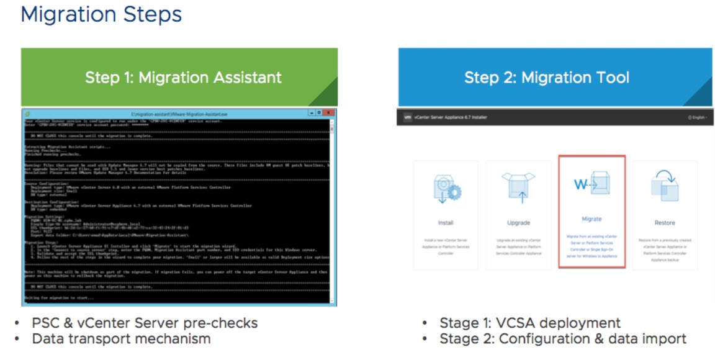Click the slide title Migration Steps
(101, 14)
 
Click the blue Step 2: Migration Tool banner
(547, 78)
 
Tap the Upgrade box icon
(518, 187)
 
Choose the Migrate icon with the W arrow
(591, 185)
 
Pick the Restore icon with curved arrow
(664, 186)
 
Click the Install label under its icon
(446, 223)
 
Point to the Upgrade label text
(518, 223)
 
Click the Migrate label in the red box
(591, 219)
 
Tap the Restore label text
(664, 223)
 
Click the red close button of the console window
(330, 113)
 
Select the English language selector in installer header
(698, 117)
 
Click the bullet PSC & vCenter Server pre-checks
(145, 323)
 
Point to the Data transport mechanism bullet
(121, 339)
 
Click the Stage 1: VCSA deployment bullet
(529, 323)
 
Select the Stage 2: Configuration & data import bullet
(562, 339)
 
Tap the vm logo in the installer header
(408, 117)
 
